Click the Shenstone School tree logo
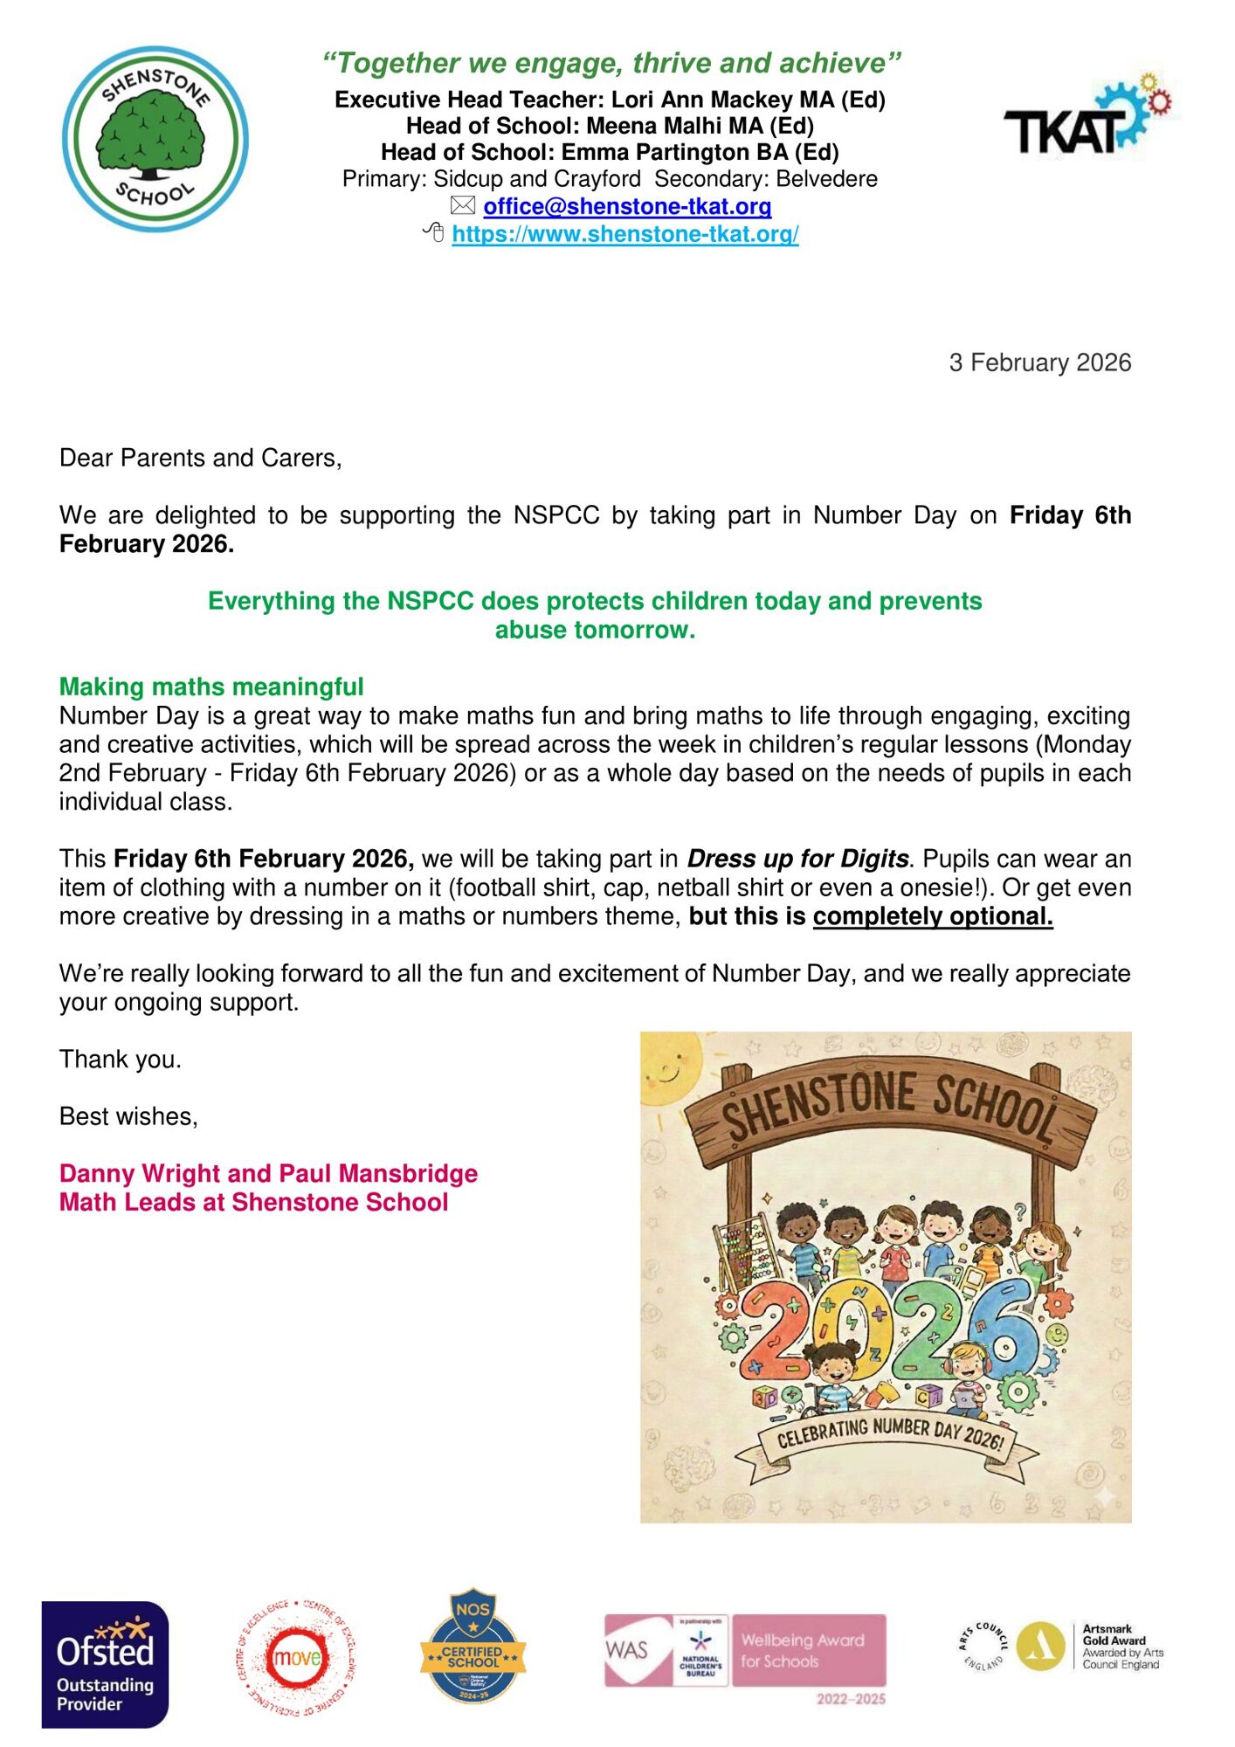coord(155,139)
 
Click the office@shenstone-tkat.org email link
coord(627,206)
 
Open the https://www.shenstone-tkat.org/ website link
coord(624,234)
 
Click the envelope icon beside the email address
coord(462,206)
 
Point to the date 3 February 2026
coord(1039,363)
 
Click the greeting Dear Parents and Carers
coord(200,458)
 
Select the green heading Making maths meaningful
coord(211,687)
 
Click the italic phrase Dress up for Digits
coord(797,859)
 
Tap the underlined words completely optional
coord(932,916)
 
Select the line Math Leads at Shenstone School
coord(253,1202)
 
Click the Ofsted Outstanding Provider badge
coord(105,1664)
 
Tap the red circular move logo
coord(297,1656)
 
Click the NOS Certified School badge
coord(473,1646)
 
